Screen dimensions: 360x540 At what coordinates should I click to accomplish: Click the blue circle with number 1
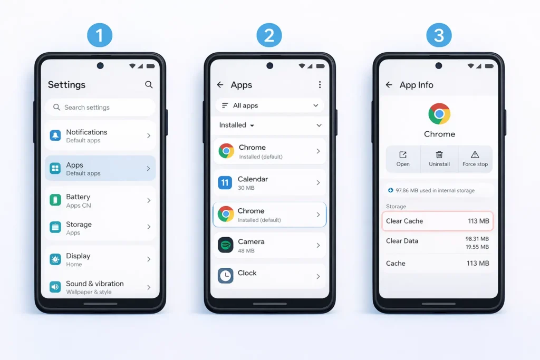click(x=100, y=36)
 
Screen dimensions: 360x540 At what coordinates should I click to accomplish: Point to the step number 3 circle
click(x=439, y=36)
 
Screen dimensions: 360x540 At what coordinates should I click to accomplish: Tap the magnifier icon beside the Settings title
click(x=149, y=84)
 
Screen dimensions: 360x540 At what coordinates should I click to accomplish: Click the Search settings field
click(x=100, y=108)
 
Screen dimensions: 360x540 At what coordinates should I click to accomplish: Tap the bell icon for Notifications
click(x=55, y=136)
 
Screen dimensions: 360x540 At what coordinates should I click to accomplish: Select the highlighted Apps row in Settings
click(x=100, y=169)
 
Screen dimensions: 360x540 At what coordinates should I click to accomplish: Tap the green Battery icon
click(x=55, y=200)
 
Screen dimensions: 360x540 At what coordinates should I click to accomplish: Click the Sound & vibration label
click(x=95, y=284)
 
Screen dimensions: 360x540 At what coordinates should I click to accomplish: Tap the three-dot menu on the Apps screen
click(x=319, y=85)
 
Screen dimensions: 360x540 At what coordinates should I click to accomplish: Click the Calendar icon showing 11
click(x=225, y=183)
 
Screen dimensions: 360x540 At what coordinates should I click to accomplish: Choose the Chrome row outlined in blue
click(x=269, y=215)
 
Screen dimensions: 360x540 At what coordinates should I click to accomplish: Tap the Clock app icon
click(x=226, y=276)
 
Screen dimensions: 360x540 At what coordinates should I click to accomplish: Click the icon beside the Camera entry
click(x=226, y=245)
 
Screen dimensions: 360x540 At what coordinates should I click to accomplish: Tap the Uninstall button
click(x=439, y=158)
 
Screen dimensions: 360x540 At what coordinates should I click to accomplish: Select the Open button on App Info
click(x=403, y=158)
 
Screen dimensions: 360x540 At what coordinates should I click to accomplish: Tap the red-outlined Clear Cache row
click(x=438, y=221)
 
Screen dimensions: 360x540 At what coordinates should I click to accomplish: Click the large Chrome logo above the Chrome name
click(x=439, y=114)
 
